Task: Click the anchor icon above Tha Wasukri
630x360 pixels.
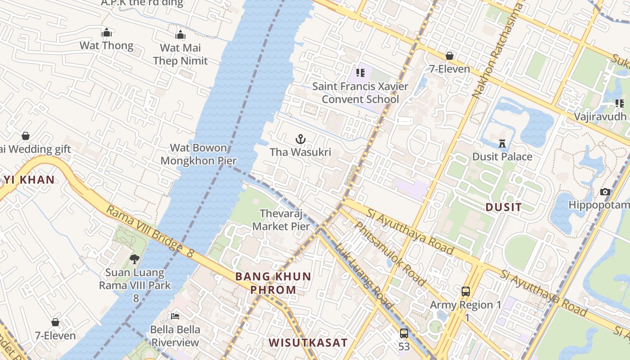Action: (x=301, y=139)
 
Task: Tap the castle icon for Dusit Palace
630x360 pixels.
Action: (x=502, y=144)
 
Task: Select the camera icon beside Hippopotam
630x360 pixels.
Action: (x=605, y=192)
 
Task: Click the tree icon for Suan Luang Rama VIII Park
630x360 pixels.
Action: (x=134, y=259)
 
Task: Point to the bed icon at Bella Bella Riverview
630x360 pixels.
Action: (x=175, y=316)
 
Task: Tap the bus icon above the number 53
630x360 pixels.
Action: (x=404, y=333)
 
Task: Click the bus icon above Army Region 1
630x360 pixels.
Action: (x=466, y=292)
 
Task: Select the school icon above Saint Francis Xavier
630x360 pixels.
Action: (x=360, y=72)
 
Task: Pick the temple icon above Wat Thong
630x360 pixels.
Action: (x=107, y=32)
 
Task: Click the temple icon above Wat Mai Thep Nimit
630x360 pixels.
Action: (x=180, y=35)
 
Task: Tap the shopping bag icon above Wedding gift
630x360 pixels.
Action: (x=26, y=136)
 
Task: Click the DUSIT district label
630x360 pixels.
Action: (x=504, y=207)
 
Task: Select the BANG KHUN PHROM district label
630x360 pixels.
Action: (x=273, y=283)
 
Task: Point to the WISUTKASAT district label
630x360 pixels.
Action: (x=308, y=343)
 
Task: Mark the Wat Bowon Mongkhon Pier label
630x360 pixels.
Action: (x=198, y=154)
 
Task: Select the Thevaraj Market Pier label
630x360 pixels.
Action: (x=281, y=220)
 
